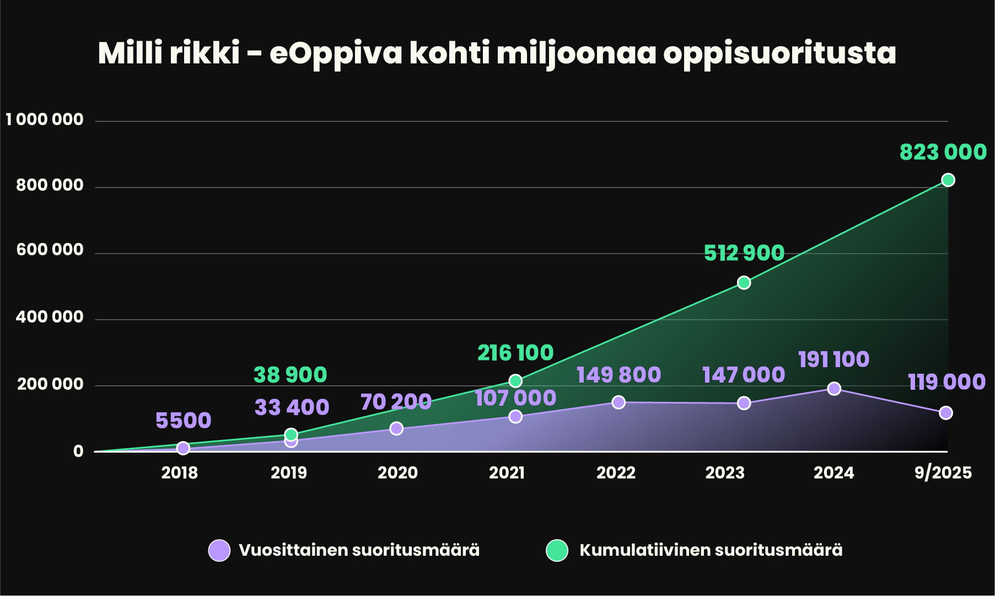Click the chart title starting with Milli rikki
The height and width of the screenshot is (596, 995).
pos(496,53)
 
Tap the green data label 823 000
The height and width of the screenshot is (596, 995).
pos(943,152)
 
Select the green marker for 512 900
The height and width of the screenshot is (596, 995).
pos(744,283)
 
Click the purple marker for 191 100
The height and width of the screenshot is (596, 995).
pos(834,389)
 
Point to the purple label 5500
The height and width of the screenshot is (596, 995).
pos(183,421)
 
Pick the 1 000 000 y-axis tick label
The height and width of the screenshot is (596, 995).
pos(45,120)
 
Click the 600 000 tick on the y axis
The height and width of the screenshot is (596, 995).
pos(50,250)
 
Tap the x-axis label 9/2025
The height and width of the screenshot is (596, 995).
pos(943,472)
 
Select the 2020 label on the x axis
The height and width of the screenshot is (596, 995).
pos(397,472)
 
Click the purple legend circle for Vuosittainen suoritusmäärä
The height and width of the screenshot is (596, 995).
pos(219,550)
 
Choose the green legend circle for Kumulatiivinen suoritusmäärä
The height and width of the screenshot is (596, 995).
pos(557,550)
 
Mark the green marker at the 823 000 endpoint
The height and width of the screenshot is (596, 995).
pos(948,180)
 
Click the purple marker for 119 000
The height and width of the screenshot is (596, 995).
pos(945,413)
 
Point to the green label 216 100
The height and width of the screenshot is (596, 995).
pos(515,353)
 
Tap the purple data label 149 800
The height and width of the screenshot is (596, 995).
pos(618,375)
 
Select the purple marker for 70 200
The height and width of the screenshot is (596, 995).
pos(396,428)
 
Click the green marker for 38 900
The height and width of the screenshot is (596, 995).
pos(291,434)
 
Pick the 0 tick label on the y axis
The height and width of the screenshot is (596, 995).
pos(78,452)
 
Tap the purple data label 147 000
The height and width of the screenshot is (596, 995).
pos(743,375)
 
